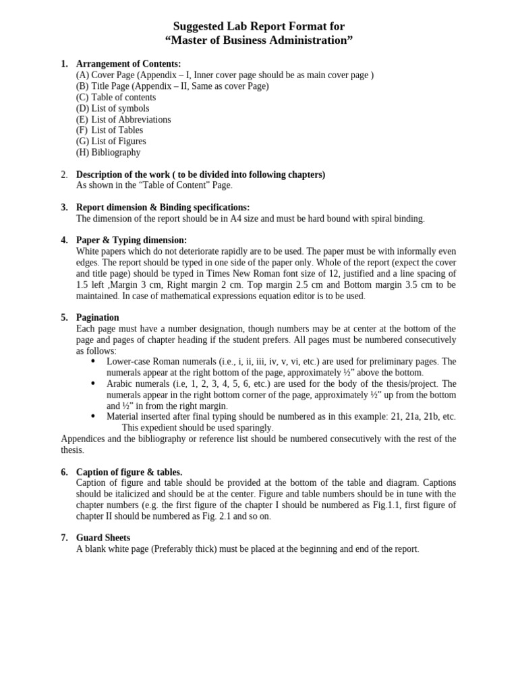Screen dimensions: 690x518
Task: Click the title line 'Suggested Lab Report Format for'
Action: tap(259, 26)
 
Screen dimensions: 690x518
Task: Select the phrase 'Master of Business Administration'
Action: tap(259, 40)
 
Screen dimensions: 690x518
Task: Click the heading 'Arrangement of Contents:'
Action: tap(128, 64)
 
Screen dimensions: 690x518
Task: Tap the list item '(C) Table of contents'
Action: tap(116, 97)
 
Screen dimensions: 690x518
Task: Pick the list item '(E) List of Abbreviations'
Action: tap(123, 119)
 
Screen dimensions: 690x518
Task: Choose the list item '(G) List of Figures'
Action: tap(111, 142)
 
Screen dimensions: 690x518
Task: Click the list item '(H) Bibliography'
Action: tap(109, 152)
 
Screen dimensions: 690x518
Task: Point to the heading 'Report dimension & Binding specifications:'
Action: tap(163, 208)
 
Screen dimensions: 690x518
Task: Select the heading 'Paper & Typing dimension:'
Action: tap(132, 241)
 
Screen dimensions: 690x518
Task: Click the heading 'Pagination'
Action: tap(98, 317)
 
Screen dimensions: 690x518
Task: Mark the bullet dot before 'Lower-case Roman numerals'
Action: tap(92, 362)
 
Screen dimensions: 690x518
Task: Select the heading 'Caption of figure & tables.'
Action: tap(129, 472)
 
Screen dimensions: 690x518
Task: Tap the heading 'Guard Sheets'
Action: tap(103, 538)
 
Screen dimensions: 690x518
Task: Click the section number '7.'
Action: tap(65, 538)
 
